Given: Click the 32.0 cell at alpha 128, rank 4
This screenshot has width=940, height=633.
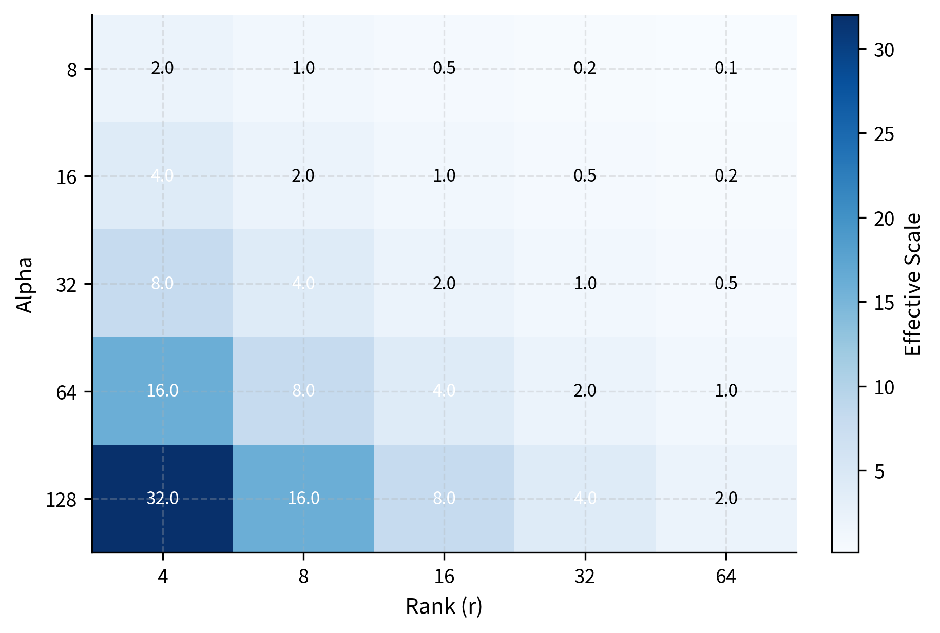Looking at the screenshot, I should coord(162,498).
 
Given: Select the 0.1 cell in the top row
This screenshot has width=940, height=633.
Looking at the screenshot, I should coord(726,68).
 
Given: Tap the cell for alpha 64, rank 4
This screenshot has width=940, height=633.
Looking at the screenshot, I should coord(162,391).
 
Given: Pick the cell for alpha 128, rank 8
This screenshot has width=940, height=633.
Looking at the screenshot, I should coord(303,498).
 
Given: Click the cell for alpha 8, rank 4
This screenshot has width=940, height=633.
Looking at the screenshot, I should coord(162,68).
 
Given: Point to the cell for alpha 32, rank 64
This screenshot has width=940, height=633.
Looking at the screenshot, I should coord(726,283).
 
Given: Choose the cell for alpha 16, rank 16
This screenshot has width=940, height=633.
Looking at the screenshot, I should coord(444,176).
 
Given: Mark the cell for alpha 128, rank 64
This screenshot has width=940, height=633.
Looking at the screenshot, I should coord(726,498).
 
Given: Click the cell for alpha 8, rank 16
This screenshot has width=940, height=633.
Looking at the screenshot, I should coord(444,68).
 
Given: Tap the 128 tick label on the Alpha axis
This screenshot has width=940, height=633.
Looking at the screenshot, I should coord(61,500).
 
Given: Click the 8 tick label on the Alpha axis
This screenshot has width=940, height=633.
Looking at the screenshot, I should coord(72,70).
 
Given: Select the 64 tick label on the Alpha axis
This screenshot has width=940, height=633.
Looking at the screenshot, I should coord(67,392).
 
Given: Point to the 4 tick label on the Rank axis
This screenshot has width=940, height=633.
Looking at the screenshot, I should coord(163,577).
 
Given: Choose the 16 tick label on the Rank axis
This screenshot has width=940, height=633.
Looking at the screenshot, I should coord(444,577).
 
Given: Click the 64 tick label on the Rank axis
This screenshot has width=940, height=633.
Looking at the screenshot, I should coord(726,577).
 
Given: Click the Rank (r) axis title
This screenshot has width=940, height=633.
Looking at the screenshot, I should coord(444,606).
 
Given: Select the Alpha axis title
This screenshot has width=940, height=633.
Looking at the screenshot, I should coord(24,284).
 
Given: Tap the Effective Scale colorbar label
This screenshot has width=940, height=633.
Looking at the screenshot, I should coord(913,284).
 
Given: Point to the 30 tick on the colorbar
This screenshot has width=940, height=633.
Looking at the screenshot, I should coord(884,50).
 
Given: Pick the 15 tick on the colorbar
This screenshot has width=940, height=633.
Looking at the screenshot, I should coord(884,303).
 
